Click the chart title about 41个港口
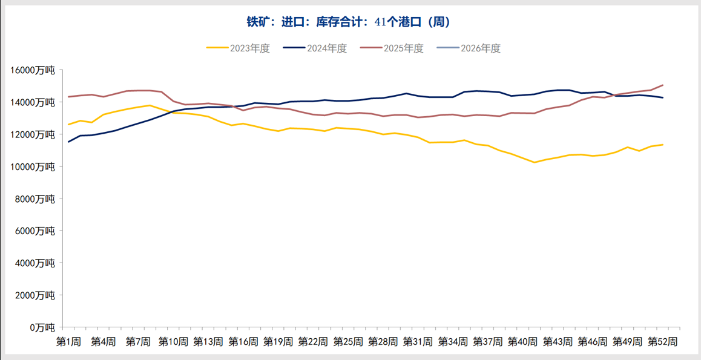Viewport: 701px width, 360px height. [348, 22]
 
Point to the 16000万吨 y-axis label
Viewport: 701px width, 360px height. [33, 70]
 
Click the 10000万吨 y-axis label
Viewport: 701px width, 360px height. [33, 166]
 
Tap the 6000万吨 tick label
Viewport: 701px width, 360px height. [36, 231]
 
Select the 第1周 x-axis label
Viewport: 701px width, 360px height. [68, 342]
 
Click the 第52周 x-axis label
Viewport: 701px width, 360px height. [663, 342]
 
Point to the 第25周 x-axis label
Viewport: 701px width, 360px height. [348, 342]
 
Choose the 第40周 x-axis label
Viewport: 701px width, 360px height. [523, 342]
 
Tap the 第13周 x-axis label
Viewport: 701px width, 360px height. [208, 342]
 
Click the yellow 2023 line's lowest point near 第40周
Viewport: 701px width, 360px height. [535, 162]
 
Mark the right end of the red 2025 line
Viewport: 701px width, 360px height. [663, 85]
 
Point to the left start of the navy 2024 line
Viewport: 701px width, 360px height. [68, 142]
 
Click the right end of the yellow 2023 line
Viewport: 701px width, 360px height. [663, 145]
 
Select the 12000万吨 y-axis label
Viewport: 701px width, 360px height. [33, 134]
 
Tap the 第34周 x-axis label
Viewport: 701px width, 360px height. [453, 342]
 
